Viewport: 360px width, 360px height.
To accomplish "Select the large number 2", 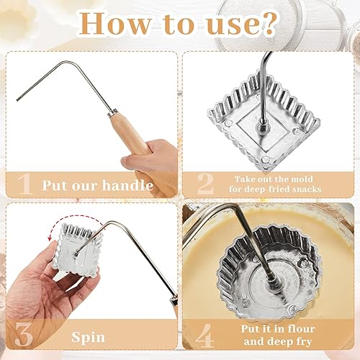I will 206,184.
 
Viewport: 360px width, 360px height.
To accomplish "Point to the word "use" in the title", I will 232,24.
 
